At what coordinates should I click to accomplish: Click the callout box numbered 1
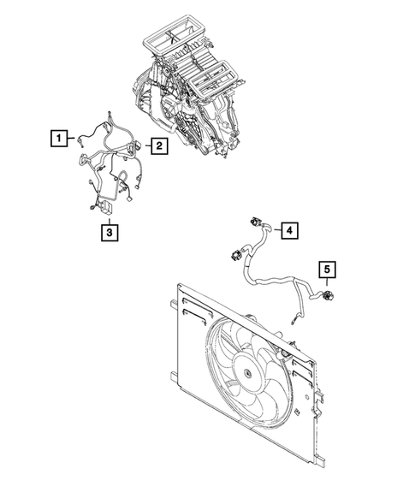pos(56,138)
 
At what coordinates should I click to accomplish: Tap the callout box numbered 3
pos(109,231)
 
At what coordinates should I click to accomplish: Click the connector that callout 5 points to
pos(329,297)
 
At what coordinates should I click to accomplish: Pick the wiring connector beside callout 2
pos(133,147)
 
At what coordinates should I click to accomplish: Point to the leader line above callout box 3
pos(109,217)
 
